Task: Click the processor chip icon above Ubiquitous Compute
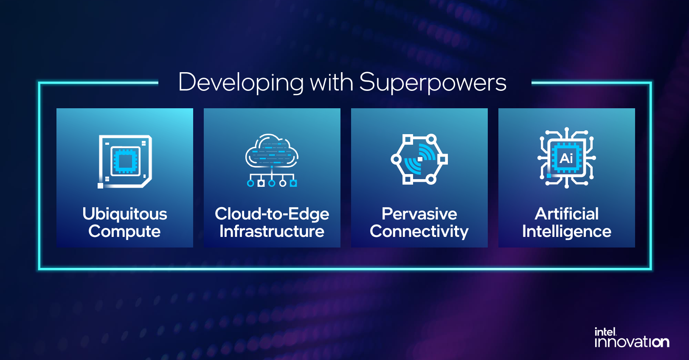[125, 162]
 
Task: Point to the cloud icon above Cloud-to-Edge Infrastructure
[272, 151]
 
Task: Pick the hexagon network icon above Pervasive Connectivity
[419, 159]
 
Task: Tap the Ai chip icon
[567, 158]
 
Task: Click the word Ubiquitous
[124, 214]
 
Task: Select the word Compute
[124, 231]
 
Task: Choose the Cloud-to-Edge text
[272, 214]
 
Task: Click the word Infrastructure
[272, 231]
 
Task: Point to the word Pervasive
[419, 214]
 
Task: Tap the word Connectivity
[419, 231]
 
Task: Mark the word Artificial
[567, 214]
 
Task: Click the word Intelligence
[567, 231]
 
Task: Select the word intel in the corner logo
[605, 332]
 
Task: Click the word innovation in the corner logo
[632, 342]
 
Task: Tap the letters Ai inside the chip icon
[566, 158]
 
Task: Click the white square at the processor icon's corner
[100, 186]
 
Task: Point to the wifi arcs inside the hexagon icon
[420, 159]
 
